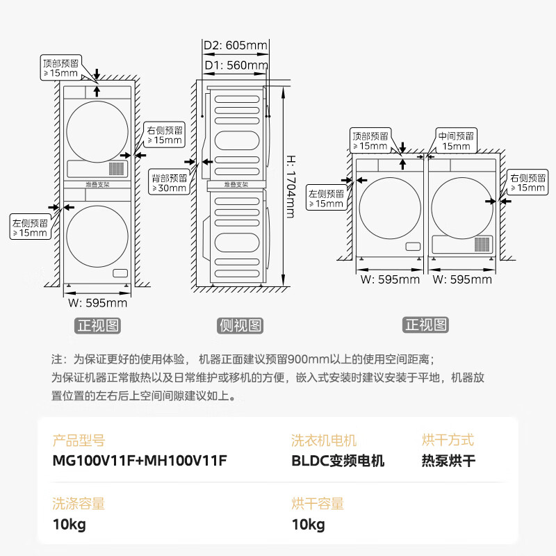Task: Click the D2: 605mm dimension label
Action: click(236, 46)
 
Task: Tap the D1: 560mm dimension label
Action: click(236, 65)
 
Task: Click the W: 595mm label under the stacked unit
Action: click(97, 303)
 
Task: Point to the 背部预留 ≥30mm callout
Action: click(170, 183)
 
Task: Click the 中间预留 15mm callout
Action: click(456, 141)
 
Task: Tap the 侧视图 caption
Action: click(240, 325)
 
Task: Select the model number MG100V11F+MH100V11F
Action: click(140, 461)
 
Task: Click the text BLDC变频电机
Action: click(338, 461)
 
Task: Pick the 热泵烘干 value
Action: click(448, 461)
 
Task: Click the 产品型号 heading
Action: click(78, 440)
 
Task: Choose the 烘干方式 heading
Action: click(448, 440)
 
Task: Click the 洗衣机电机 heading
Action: click(324, 440)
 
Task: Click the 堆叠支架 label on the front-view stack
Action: click(98, 185)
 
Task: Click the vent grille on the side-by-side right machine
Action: click(482, 244)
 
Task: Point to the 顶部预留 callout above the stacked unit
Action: click(60, 67)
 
